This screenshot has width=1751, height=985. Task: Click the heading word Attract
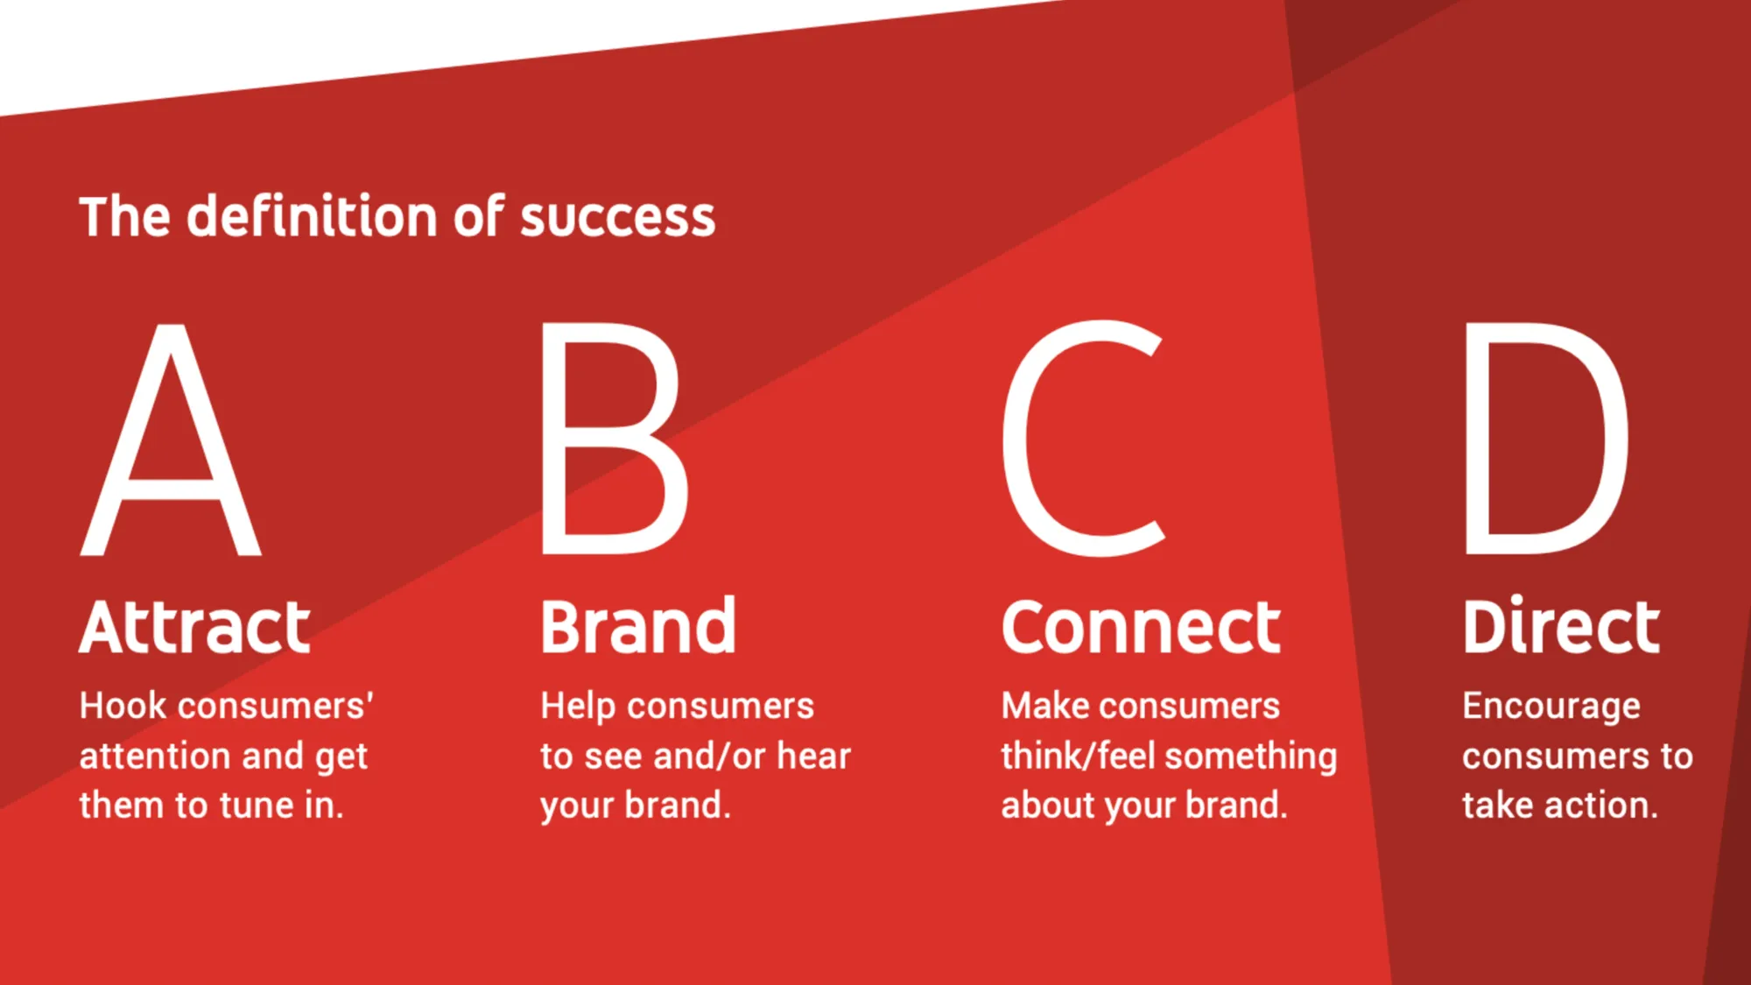pos(195,627)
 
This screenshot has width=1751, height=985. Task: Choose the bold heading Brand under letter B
pos(638,627)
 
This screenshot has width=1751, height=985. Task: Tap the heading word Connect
pos(1141,627)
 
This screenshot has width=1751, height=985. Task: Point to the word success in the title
pos(617,219)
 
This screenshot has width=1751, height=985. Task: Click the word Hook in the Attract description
pos(123,706)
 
